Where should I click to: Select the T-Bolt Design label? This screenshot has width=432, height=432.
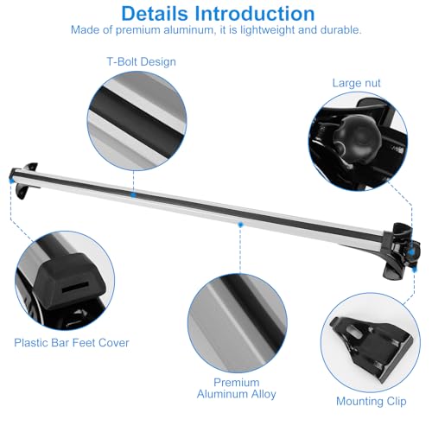[141, 61]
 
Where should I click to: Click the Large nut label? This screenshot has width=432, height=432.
[356, 83]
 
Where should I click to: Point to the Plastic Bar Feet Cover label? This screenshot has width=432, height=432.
[72, 343]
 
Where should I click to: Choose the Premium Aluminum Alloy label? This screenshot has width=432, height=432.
[237, 388]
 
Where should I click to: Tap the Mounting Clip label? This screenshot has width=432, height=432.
[372, 401]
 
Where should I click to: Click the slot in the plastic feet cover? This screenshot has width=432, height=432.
[75, 287]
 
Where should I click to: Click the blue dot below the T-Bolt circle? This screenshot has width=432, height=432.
[133, 195]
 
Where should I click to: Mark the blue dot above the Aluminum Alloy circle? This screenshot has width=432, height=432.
[240, 225]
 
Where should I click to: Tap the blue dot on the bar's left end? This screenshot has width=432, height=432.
[11, 181]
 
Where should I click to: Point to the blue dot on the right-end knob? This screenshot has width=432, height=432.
[412, 252]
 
